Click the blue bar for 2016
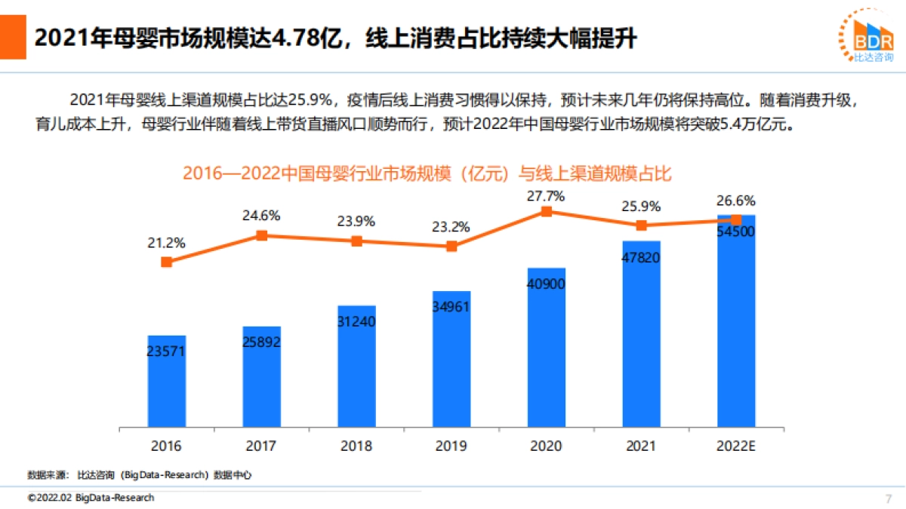(x=167, y=381)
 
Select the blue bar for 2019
(x=451, y=359)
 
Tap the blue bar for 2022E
(x=736, y=320)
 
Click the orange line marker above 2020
(x=547, y=212)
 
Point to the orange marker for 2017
(x=262, y=235)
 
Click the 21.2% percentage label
(x=167, y=243)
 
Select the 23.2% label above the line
(x=451, y=226)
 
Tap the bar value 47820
(x=641, y=257)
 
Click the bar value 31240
(x=357, y=321)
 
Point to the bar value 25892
(x=262, y=342)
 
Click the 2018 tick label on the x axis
(x=357, y=446)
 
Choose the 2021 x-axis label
(x=641, y=446)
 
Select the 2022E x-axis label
(x=736, y=446)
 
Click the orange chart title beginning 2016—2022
(x=427, y=173)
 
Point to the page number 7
(x=888, y=498)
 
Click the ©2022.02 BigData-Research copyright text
(x=91, y=498)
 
